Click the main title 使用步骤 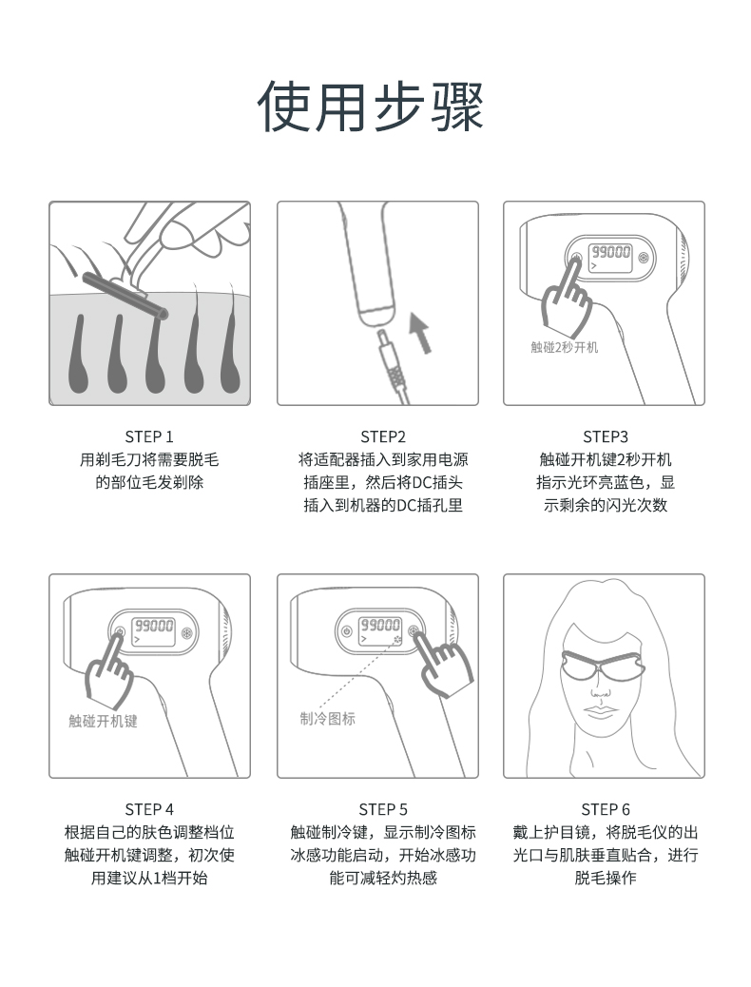tap(370, 106)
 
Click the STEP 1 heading tap(149, 436)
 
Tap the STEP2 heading tap(383, 436)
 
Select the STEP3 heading tap(605, 436)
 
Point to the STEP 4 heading tap(149, 809)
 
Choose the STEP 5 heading tap(383, 809)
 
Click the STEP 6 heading tap(605, 809)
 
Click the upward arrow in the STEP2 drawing tap(420, 333)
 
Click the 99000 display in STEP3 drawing tap(610, 252)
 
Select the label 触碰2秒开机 tap(564, 347)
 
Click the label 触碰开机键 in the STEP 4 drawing tap(103, 721)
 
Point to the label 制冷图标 tap(327, 718)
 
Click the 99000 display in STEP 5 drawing tap(379, 625)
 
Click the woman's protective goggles tap(603, 665)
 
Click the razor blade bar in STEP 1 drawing tap(125, 295)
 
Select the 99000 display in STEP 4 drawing tap(154, 625)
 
